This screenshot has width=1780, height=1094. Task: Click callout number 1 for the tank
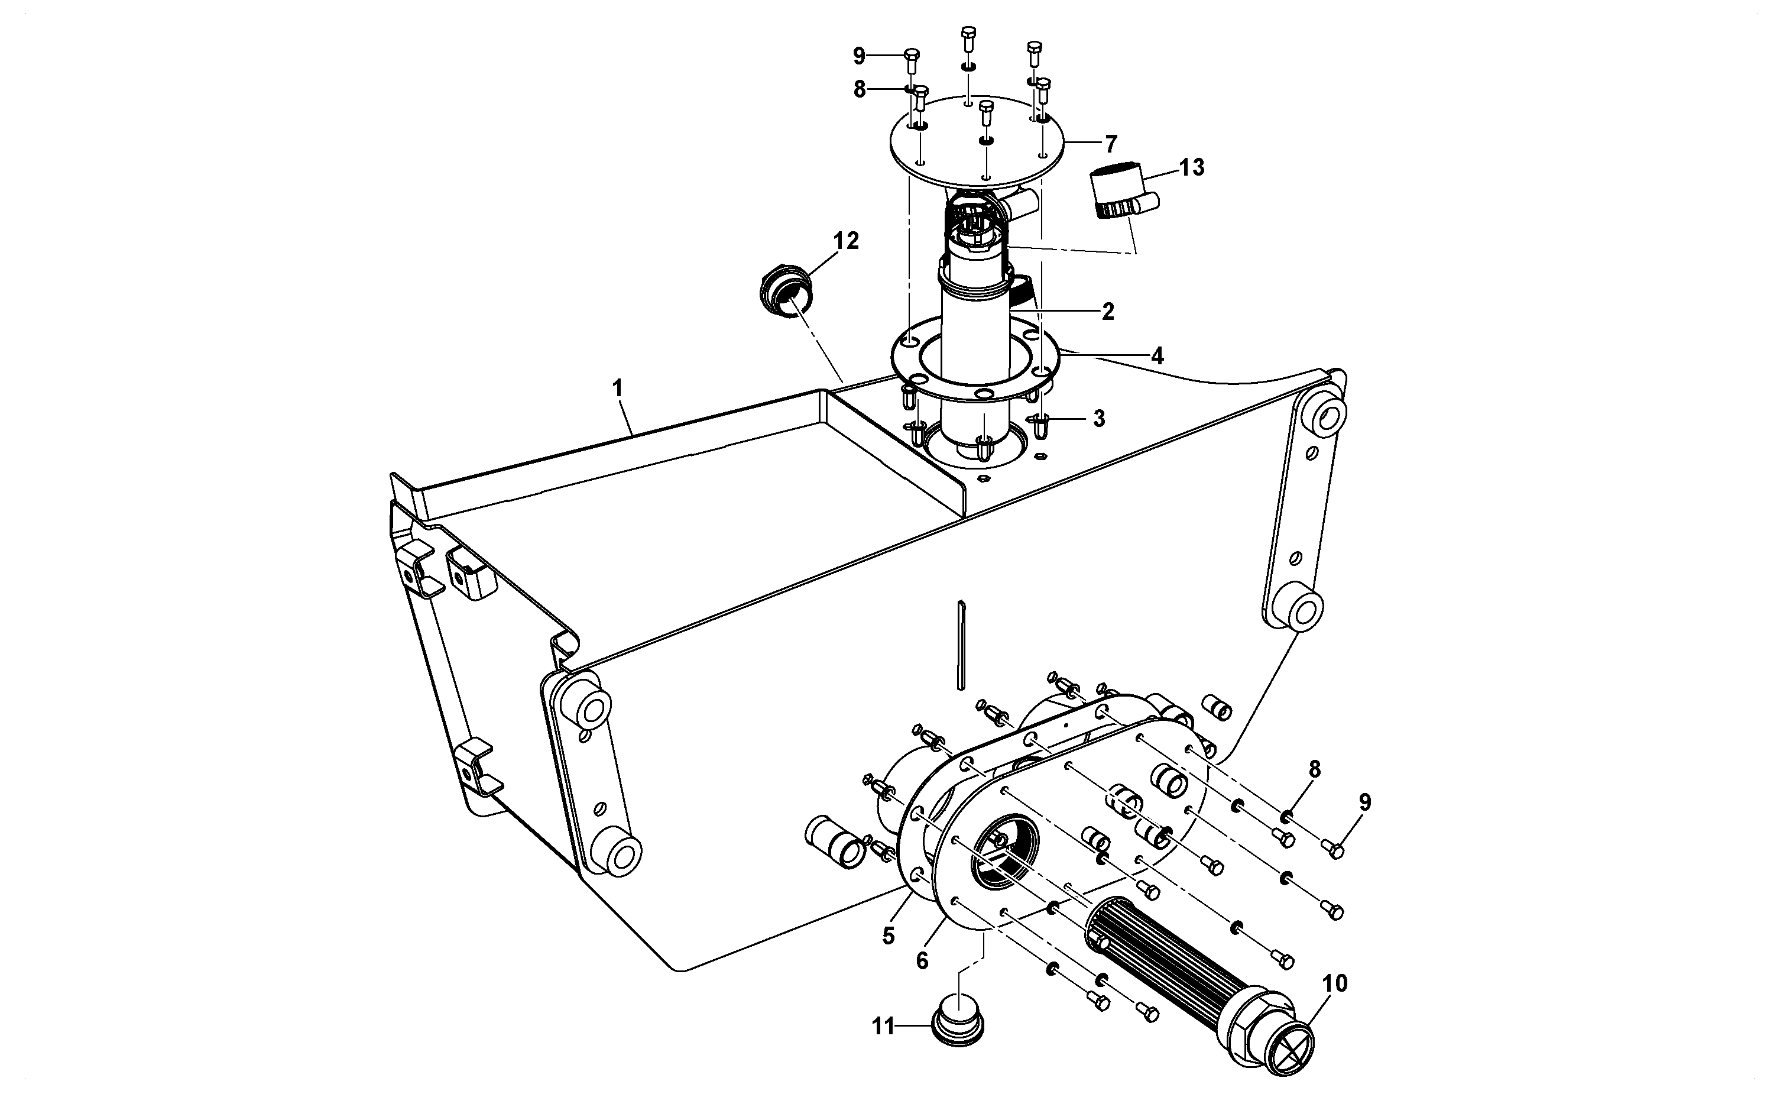click(x=617, y=389)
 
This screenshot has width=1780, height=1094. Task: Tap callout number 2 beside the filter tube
click(x=1107, y=311)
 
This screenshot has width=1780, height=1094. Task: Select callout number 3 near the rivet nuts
click(x=1098, y=418)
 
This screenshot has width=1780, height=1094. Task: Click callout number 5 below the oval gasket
click(x=888, y=936)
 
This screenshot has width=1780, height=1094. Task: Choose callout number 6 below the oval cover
click(x=922, y=961)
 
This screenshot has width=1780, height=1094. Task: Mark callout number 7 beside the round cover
click(x=1111, y=143)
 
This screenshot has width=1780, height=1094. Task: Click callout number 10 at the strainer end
click(x=1335, y=983)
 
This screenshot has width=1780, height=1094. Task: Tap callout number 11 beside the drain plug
click(x=883, y=1026)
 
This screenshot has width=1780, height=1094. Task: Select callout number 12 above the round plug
click(x=846, y=241)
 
